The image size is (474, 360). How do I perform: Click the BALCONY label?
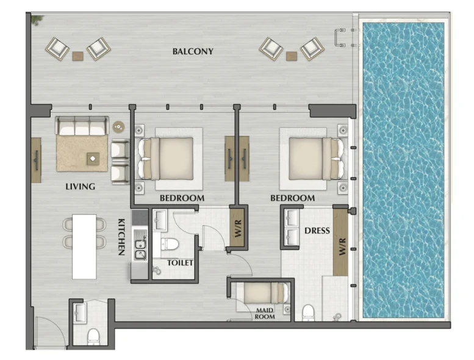[193, 51]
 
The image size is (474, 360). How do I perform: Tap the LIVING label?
[81, 187]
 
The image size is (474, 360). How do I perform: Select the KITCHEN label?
[121, 237]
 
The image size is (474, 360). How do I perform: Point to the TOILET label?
[180, 263]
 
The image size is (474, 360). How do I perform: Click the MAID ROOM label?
[265, 314]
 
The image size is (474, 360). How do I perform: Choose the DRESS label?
[317, 231]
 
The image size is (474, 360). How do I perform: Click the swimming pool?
[404, 170]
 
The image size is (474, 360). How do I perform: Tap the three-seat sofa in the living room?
[82, 126]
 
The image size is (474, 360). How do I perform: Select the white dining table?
[84, 247]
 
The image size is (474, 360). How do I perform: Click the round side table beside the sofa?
[118, 127]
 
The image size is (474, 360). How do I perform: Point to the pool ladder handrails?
[340, 38]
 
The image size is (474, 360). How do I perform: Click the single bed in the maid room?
[266, 293]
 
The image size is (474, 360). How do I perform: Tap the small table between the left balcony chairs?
[77, 56]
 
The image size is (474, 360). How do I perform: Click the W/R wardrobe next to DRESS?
[340, 242]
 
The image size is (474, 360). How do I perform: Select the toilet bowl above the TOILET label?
[170, 244]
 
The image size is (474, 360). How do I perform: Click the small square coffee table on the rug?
[93, 159]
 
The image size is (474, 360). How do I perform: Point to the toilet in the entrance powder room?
[93, 336]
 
